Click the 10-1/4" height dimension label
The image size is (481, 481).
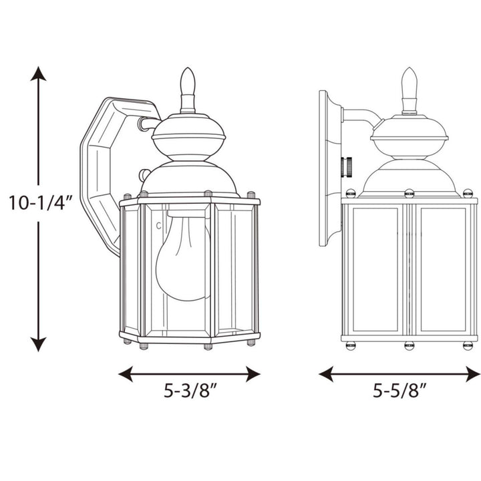(39, 203)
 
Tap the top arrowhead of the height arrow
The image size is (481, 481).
(39, 73)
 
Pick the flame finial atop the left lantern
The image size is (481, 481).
(188, 84)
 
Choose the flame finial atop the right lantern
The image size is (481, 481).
(409, 83)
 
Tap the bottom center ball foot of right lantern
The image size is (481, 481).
(409, 345)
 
